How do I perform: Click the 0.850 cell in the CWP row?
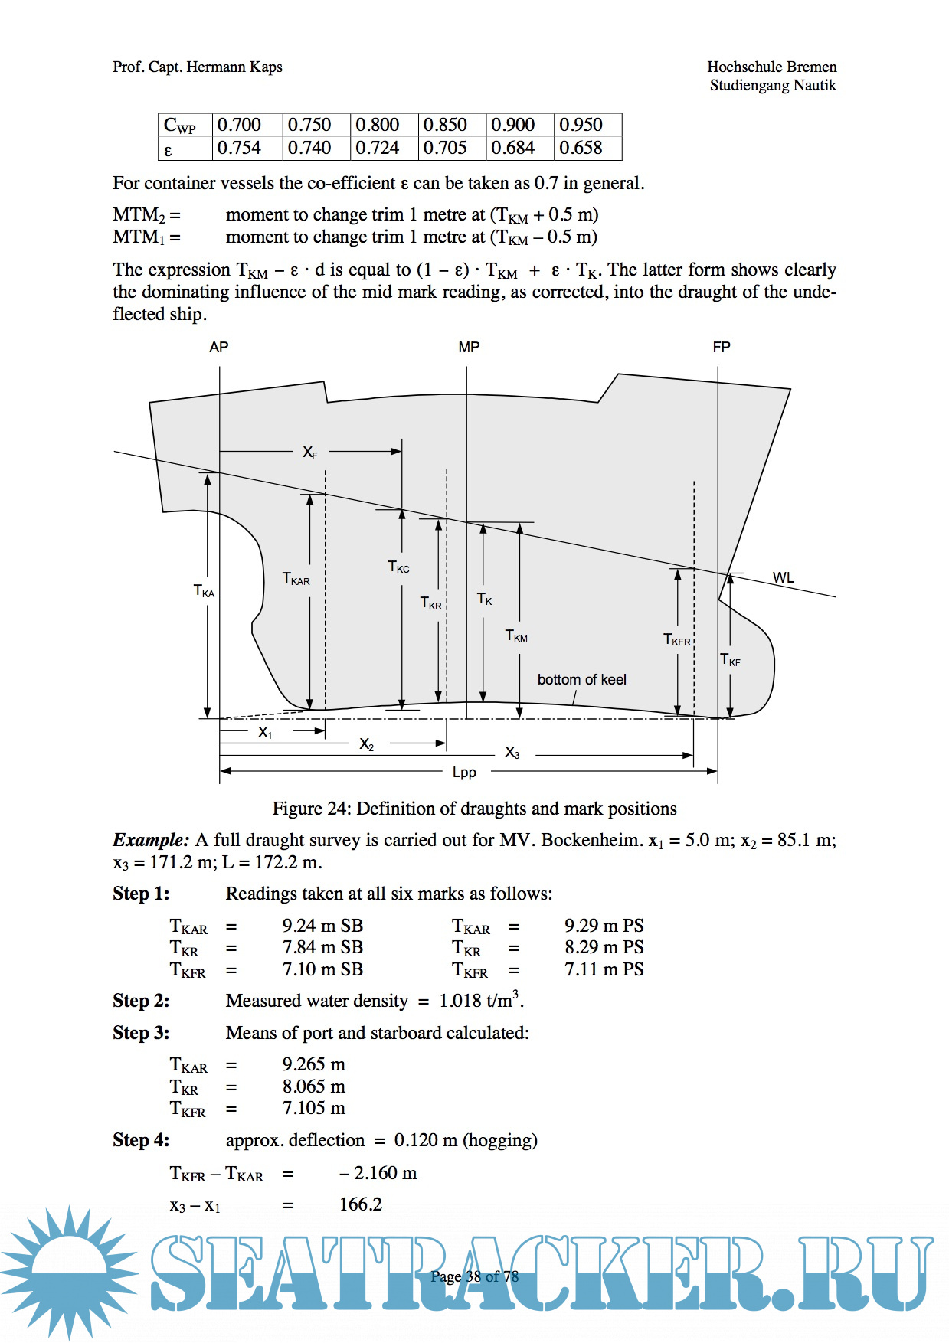(445, 125)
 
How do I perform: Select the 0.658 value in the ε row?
(581, 148)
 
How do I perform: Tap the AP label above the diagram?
(219, 348)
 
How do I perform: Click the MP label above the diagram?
(469, 348)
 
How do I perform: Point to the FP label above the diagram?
(722, 348)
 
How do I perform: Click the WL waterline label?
(783, 578)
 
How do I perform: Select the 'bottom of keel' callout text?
(581, 680)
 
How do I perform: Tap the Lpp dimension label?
(464, 773)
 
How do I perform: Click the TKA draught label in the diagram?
(204, 591)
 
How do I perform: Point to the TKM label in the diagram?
(516, 636)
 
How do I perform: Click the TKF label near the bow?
(730, 660)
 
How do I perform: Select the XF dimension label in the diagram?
(309, 453)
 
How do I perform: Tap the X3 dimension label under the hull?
(512, 754)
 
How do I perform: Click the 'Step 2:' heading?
(141, 1002)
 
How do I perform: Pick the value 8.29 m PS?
(604, 948)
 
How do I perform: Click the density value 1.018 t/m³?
(480, 1001)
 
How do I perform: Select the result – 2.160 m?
(378, 1174)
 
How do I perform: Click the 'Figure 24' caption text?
(474, 809)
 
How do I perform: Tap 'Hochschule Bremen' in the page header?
(771, 67)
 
